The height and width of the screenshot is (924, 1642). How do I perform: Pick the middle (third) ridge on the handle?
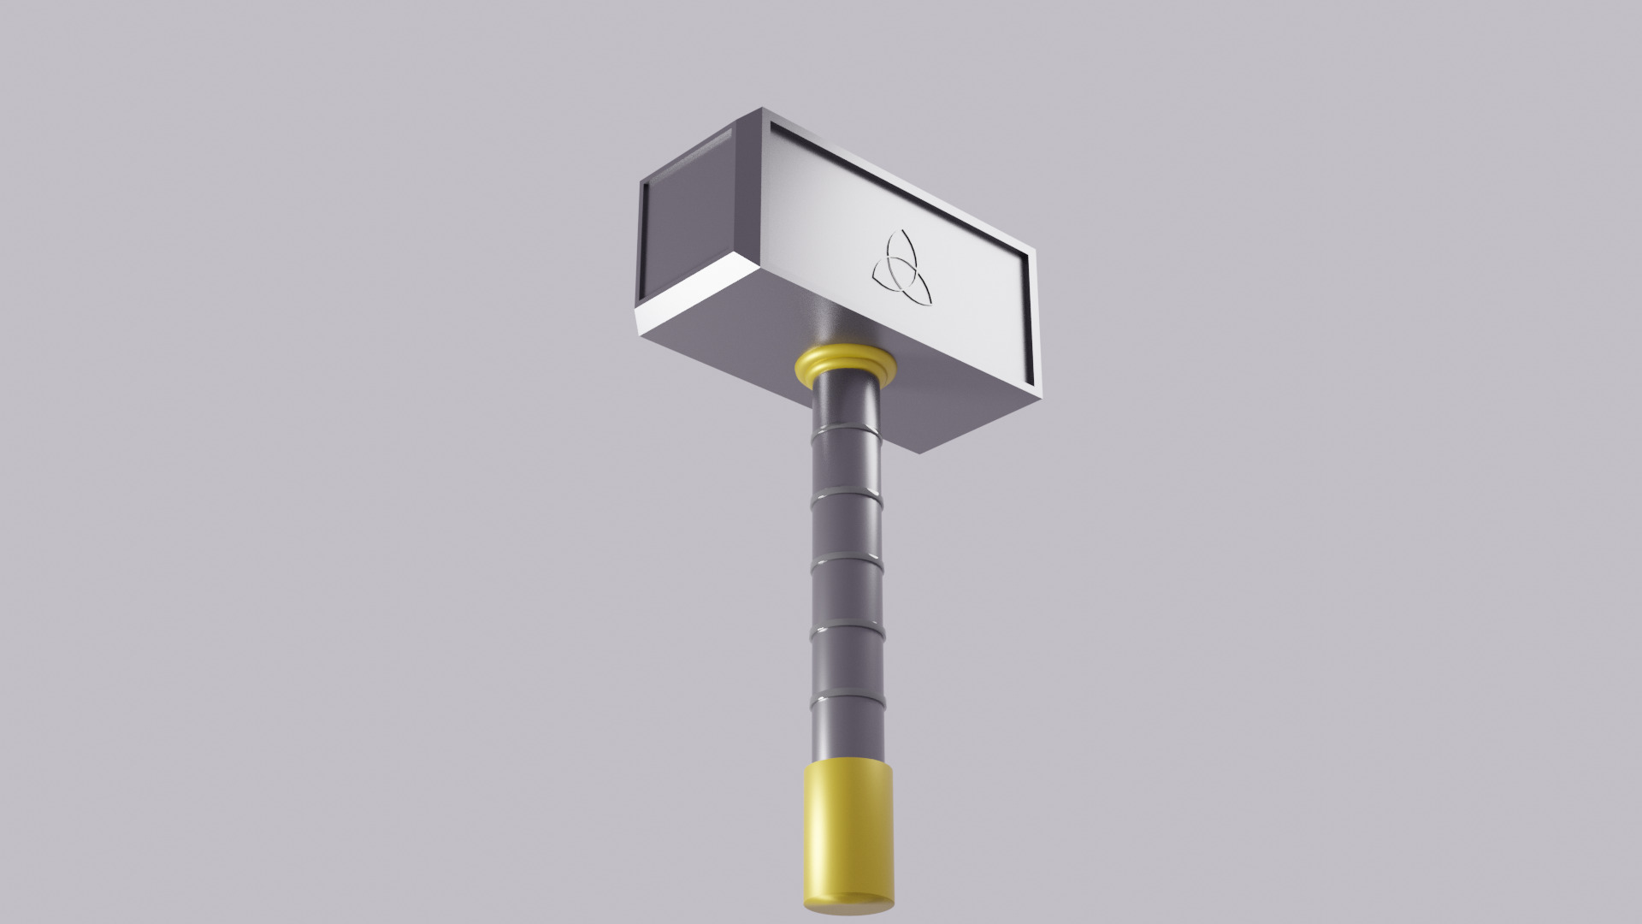click(x=846, y=560)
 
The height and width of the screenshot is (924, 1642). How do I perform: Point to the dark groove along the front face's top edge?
click(x=898, y=184)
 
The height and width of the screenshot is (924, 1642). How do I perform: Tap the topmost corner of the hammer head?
click(x=761, y=109)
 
